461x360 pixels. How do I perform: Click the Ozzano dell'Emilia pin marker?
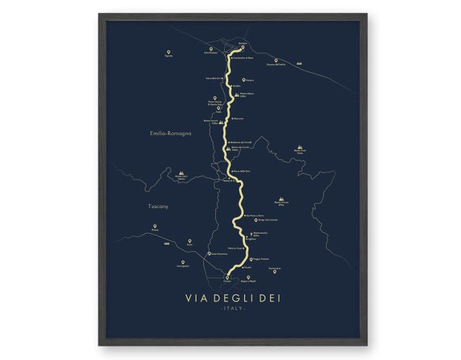click(x=276, y=60)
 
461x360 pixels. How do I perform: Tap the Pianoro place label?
click(x=249, y=81)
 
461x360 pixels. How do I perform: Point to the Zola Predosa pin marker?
click(x=212, y=49)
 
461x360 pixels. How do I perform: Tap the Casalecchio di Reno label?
click(x=243, y=58)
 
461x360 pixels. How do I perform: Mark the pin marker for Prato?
click(x=190, y=241)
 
